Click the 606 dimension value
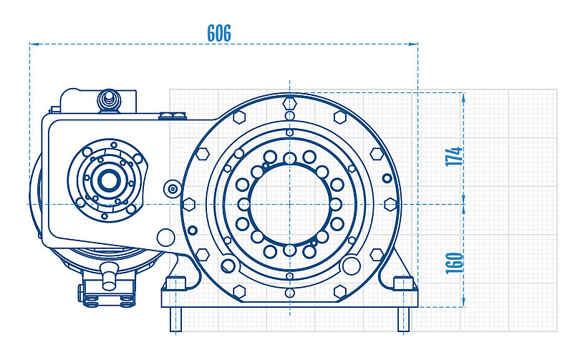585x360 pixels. click(x=219, y=33)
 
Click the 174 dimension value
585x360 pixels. click(x=454, y=156)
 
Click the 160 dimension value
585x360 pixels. click(x=454, y=263)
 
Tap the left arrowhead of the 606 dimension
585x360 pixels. click(x=34, y=44)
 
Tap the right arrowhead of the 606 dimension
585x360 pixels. click(x=413, y=44)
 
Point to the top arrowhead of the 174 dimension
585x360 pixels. click(x=463, y=97)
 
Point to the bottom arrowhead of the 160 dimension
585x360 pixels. click(x=463, y=302)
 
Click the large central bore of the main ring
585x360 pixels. click(x=290, y=205)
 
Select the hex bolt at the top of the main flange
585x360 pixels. click(x=290, y=102)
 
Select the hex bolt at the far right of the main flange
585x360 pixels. click(x=390, y=205)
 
